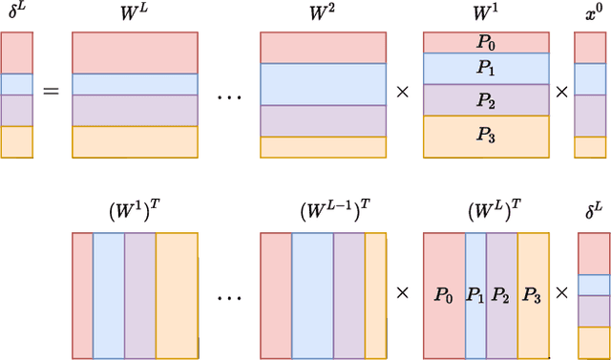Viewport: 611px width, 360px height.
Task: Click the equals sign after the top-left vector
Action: (x=50, y=93)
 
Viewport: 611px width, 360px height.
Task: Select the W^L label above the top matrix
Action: (x=135, y=14)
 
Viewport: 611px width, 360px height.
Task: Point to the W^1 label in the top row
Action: (x=486, y=14)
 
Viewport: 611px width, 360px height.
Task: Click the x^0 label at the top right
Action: (x=589, y=14)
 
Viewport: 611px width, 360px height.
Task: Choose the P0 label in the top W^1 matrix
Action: (x=486, y=43)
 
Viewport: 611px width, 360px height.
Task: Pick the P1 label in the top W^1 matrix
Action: (x=486, y=69)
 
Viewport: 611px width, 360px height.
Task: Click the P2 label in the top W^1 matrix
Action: (x=486, y=99)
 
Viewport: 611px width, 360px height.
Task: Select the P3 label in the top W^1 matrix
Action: (x=486, y=135)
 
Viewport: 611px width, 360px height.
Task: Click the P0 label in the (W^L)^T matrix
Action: (x=443, y=295)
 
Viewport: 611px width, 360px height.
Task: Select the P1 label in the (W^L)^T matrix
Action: (x=475, y=295)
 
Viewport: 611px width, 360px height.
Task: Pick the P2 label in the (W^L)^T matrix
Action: (x=501, y=295)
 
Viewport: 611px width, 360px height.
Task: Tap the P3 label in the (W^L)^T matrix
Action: (x=533, y=295)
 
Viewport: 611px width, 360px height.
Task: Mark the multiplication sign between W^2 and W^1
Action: (x=404, y=93)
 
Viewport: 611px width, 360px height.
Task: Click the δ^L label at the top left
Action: (x=16, y=14)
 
